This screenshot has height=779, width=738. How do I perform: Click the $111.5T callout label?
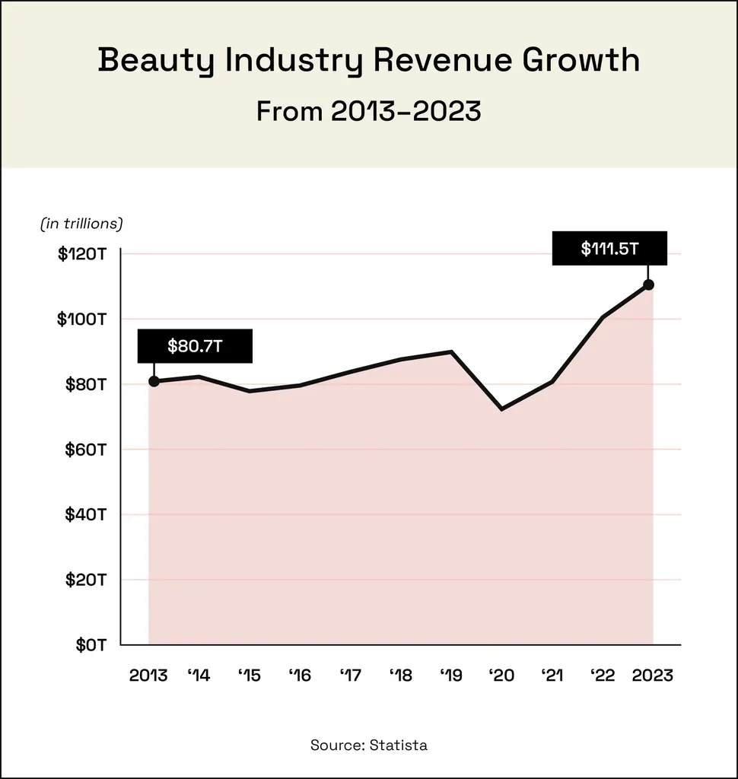pos(609,248)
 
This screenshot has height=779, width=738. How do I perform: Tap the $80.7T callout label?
pos(194,346)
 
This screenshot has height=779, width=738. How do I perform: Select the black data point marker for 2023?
pos(648,285)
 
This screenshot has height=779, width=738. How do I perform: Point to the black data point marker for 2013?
pos(154,381)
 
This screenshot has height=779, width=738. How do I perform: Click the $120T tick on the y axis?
pos(81,253)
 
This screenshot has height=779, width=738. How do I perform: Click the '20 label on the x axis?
pos(501,675)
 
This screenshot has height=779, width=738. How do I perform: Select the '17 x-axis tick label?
pos(351,675)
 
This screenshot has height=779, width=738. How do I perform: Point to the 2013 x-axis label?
pos(148,675)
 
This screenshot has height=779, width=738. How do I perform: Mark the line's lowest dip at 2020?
pos(501,409)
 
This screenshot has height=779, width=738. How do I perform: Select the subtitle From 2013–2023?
pos(369,111)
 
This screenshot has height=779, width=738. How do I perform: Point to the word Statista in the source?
pos(399,745)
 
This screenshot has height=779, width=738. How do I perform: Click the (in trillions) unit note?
pos(81,224)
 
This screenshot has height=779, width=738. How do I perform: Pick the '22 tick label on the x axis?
pos(602,675)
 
